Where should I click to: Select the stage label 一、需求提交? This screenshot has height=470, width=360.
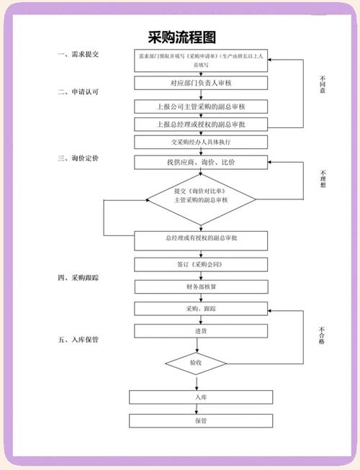(x=78, y=55)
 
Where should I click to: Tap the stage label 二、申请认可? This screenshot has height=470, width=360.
(x=78, y=92)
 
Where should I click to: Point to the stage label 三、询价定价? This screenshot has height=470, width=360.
(x=78, y=157)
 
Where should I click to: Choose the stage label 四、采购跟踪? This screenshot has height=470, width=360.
(x=78, y=276)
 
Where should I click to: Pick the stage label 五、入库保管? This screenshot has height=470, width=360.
(x=78, y=339)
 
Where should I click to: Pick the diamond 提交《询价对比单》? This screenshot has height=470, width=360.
(x=201, y=196)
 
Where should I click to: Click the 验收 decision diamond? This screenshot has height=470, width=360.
(x=196, y=363)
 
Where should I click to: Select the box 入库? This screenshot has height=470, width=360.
(x=200, y=397)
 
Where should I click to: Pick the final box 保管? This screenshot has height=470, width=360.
(x=200, y=420)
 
